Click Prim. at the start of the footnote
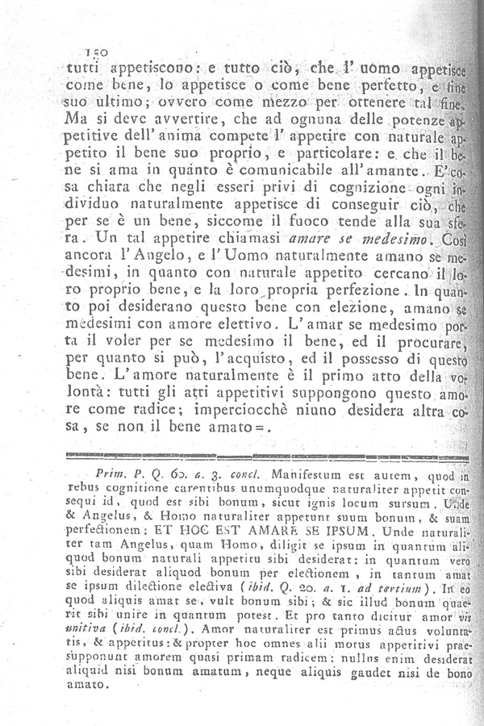[x=110, y=477]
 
